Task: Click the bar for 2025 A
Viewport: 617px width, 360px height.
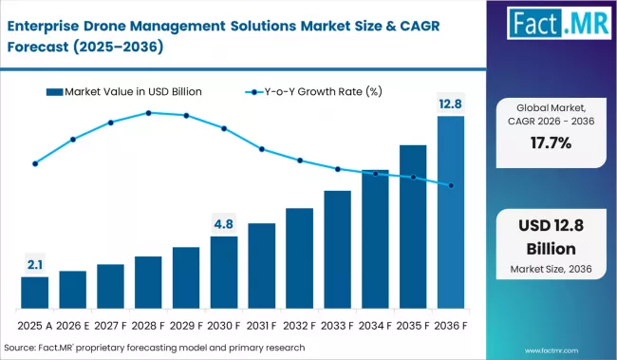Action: coord(34,293)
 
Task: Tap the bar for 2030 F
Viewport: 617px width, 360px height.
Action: coord(224,273)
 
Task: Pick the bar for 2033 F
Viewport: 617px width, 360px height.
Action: coord(337,250)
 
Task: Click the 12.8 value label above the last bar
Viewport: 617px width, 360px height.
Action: coord(451,102)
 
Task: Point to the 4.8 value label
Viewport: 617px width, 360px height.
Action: coord(224,224)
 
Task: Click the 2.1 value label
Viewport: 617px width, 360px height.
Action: coord(34,263)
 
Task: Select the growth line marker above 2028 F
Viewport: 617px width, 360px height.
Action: coord(149,113)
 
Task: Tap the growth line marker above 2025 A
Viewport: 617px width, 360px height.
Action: coord(35,163)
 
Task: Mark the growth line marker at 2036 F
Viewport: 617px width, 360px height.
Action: coord(451,185)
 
